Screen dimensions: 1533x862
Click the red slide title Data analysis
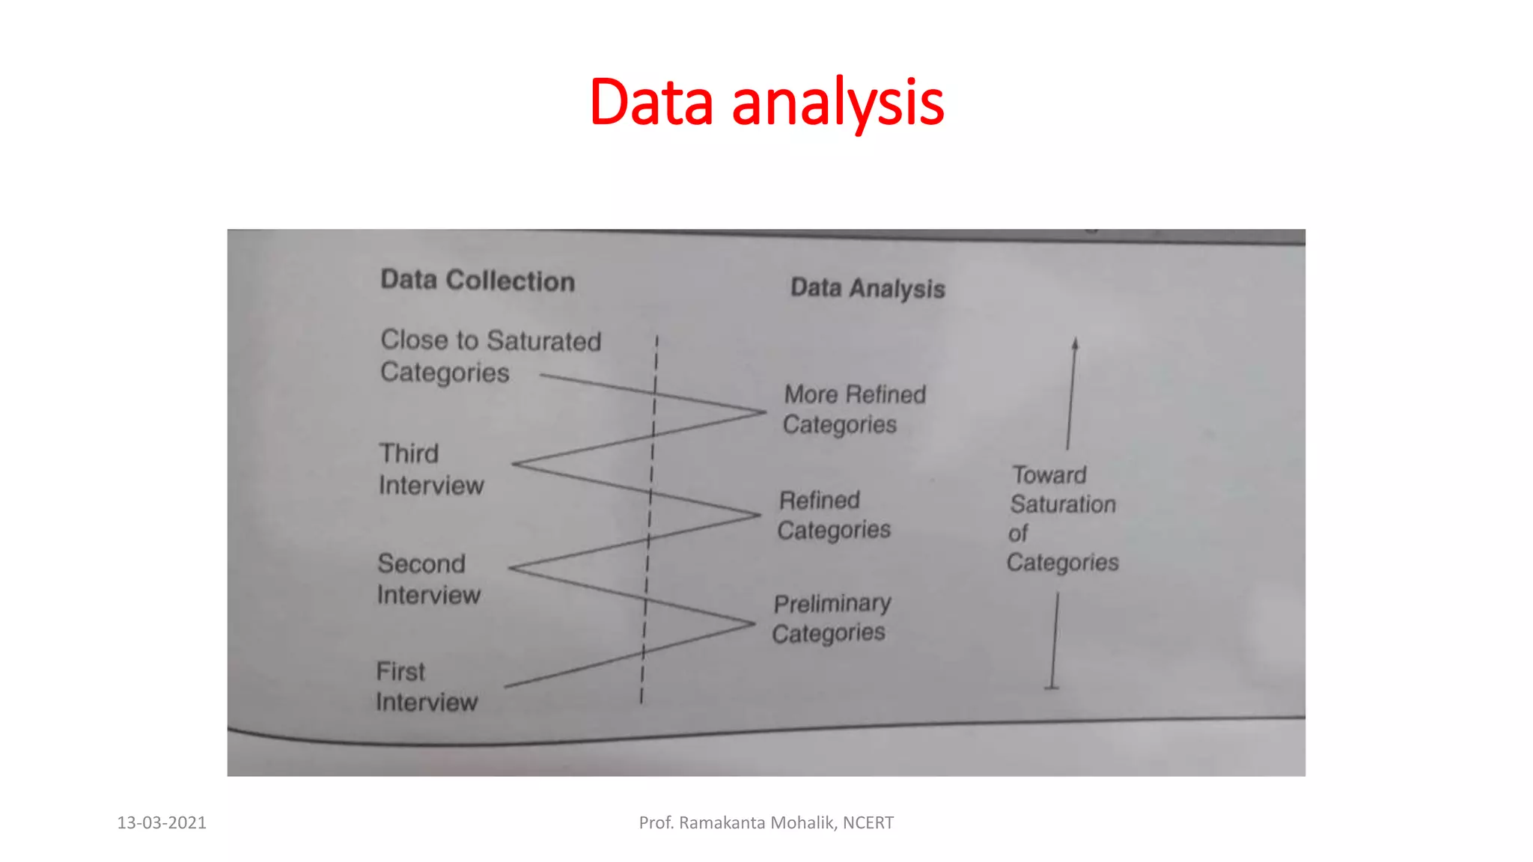click(x=766, y=103)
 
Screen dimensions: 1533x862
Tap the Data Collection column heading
click(x=478, y=281)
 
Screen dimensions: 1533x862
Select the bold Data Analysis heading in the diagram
click(x=868, y=288)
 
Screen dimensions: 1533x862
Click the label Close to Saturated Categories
click(x=490, y=356)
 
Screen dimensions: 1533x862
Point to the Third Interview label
click(x=430, y=470)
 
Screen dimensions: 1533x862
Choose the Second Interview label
click(x=428, y=579)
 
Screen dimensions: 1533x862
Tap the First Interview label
click(x=426, y=687)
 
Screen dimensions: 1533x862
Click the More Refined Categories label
click(x=854, y=409)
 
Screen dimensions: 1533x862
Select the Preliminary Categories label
click(x=831, y=619)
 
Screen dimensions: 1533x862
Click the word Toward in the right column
click(x=1049, y=475)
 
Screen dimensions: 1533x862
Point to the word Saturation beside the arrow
click(x=1063, y=504)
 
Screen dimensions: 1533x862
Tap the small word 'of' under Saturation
click(x=1018, y=534)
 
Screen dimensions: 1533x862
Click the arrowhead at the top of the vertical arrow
click(x=1075, y=343)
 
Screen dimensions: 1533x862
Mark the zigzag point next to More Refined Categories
click(x=764, y=412)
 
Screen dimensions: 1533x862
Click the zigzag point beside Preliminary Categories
click(x=753, y=623)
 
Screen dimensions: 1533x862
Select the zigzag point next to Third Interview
click(x=515, y=464)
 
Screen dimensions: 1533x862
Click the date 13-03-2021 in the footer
click(x=162, y=823)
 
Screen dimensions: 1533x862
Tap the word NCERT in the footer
click(x=868, y=823)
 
